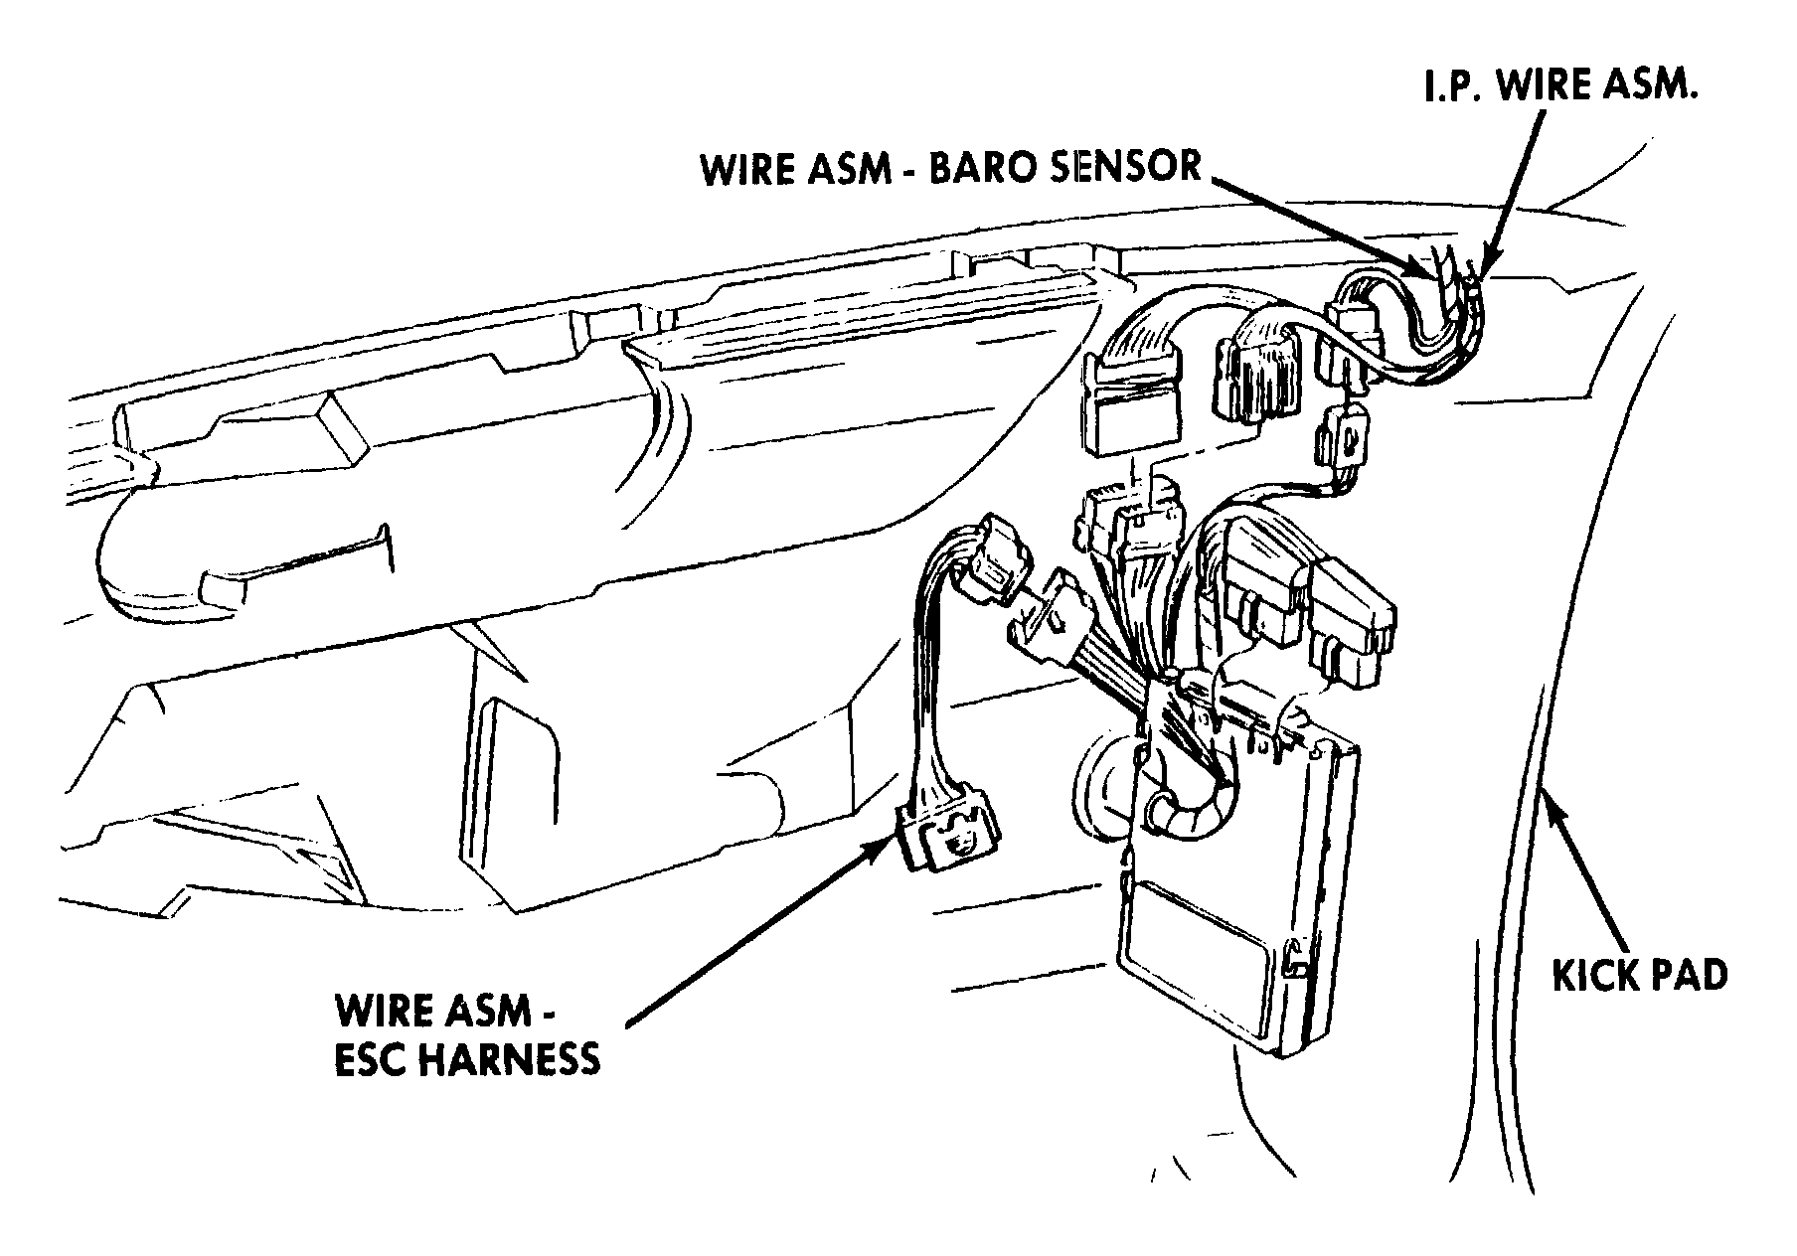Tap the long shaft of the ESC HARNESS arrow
coord(755,933)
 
